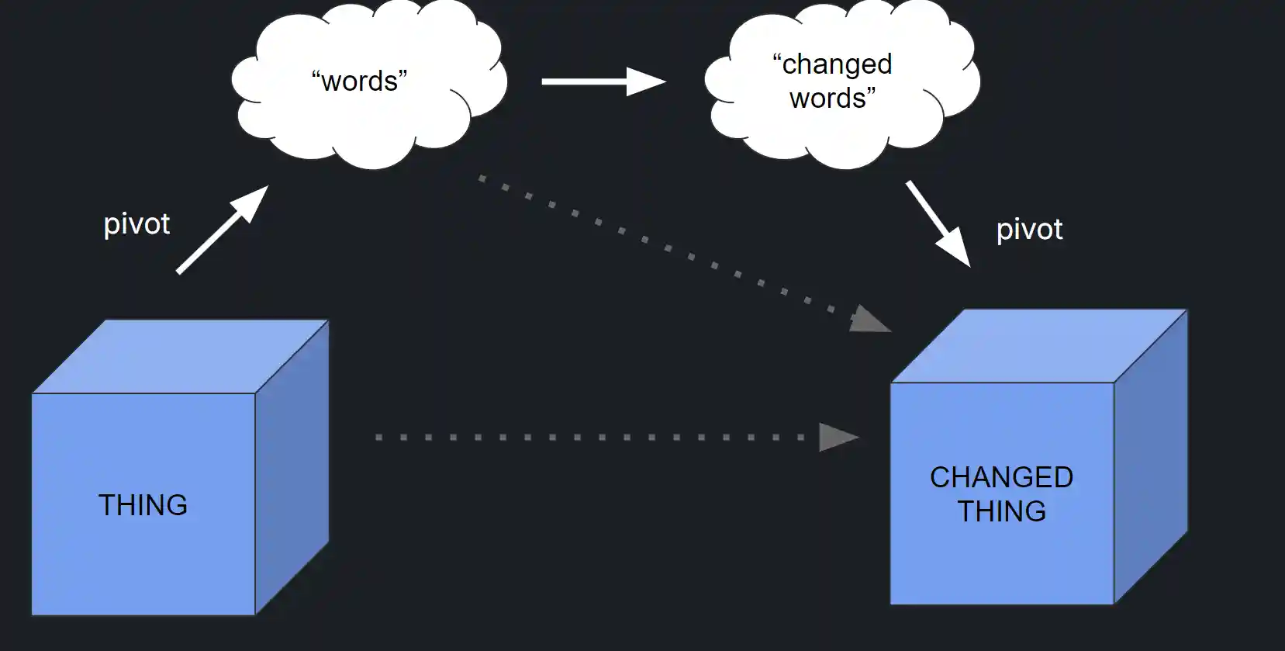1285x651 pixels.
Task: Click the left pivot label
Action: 136,224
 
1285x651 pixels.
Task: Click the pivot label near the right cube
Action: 1029,230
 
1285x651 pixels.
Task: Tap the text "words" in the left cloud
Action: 359,81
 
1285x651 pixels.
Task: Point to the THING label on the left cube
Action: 143,505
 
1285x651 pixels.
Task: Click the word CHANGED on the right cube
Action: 1001,477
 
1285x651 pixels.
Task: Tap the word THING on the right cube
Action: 1001,511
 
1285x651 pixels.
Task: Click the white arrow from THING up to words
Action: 221,230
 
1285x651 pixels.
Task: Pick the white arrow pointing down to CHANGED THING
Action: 938,223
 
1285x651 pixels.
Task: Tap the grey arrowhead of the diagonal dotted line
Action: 869,320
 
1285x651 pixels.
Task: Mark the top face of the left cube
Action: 181,356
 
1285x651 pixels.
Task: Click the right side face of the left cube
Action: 292,466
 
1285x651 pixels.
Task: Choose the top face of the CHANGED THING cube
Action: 1039,346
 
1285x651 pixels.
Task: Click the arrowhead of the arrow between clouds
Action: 645,81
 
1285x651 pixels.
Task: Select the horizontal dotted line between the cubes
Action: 589,438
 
